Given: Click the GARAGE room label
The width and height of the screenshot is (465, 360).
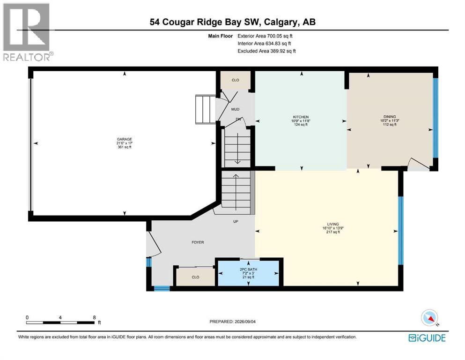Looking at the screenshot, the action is pyautogui.click(x=124, y=139).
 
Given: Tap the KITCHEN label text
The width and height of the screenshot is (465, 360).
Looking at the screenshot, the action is pyautogui.click(x=301, y=117).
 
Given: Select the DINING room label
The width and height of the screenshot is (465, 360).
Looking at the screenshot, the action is pyautogui.click(x=390, y=117).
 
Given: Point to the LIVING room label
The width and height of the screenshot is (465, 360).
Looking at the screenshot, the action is pyautogui.click(x=333, y=224).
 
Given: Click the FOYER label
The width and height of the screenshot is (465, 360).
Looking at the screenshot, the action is pyautogui.click(x=198, y=242).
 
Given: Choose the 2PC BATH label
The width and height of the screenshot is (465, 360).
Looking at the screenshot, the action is pyautogui.click(x=249, y=270).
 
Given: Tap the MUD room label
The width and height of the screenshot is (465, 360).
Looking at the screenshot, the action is pyautogui.click(x=235, y=109).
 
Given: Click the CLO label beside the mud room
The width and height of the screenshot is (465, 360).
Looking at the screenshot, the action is pyautogui.click(x=236, y=80).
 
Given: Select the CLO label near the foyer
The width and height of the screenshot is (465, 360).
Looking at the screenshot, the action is pyautogui.click(x=195, y=277).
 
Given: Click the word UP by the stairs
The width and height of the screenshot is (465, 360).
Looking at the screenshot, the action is pyautogui.click(x=236, y=221).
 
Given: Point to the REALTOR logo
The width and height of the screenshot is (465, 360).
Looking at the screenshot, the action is pyautogui.click(x=28, y=32).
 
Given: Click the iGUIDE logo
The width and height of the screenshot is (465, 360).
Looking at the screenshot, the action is pyautogui.click(x=427, y=338).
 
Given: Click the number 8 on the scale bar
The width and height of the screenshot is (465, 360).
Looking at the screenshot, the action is pyautogui.click(x=94, y=317).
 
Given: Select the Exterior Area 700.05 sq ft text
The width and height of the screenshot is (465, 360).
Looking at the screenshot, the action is pyautogui.click(x=265, y=36).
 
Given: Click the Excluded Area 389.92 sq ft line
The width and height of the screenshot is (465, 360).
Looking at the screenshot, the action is pyautogui.click(x=266, y=51).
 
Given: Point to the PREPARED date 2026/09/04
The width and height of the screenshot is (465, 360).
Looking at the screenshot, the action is pyautogui.click(x=232, y=322).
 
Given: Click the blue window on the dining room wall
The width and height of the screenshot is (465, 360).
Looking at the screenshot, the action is pyautogui.click(x=435, y=118).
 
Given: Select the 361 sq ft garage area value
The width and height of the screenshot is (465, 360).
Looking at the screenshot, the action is pyautogui.click(x=124, y=147).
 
